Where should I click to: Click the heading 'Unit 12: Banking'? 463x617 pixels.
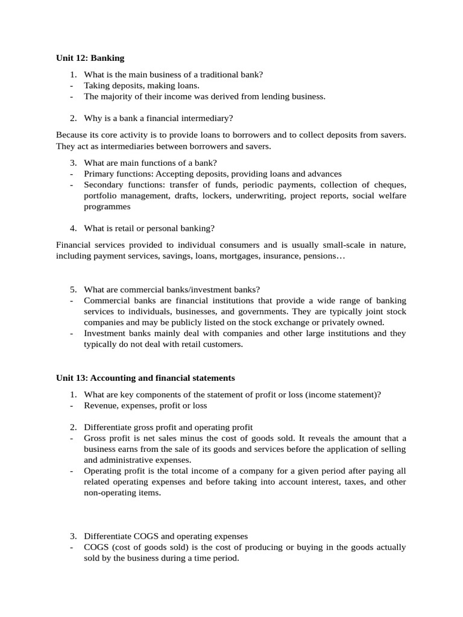(x=90, y=58)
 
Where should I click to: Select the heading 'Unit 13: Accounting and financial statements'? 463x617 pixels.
(x=145, y=378)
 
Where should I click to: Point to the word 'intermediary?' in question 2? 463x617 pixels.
(x=209, y=118)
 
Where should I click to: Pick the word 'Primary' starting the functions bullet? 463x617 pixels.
(x=98, y=174)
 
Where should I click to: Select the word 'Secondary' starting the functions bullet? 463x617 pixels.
(x=104, y=184)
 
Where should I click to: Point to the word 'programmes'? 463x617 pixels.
(x=107, y=206)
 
